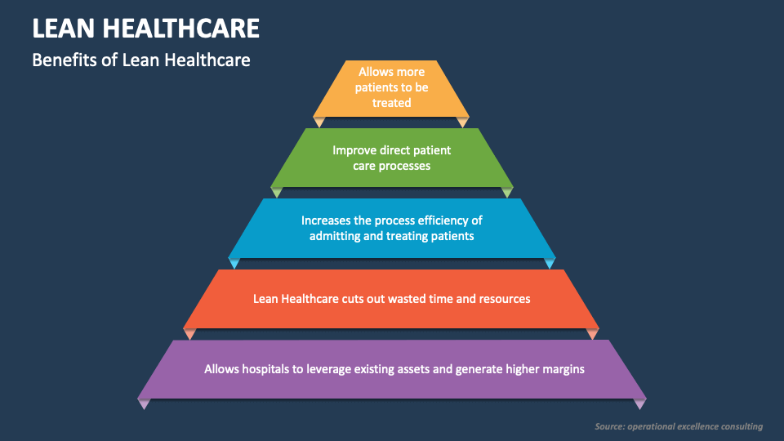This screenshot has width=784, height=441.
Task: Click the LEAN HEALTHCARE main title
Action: click(x=145, y=29)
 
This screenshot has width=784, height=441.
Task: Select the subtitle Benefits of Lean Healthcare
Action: click(x=141, y=60)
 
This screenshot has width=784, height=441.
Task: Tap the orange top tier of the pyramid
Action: click(x=391, y=89)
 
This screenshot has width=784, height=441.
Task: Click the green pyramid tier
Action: click(x=391, y=158)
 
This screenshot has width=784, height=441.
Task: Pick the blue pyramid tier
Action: click(x=391, y=229)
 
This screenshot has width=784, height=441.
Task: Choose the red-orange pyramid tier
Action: click(x=391, y=299)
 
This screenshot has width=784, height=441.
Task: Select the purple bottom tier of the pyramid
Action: click(x=391, y=369)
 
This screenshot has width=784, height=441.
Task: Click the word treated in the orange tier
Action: click(x=391, y=103)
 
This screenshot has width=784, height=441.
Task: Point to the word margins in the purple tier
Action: click(x=563, y=369)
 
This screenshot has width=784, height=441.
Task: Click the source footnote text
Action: click(x=679, y=426)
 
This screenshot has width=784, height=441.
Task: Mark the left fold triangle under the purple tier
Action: click(x=144, y=403)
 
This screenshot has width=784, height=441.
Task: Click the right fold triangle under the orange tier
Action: click(x=462, y=122)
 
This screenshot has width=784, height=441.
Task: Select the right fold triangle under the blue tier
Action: click(x=550, y=263)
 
